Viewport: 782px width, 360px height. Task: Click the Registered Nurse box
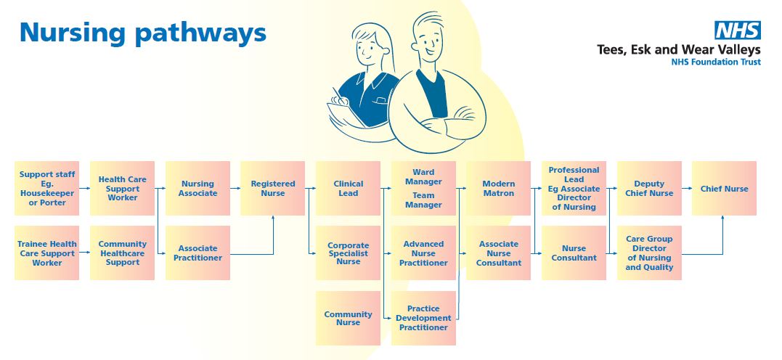pyautogui.click(x=273, y=189)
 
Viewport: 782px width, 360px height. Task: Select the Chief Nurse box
pyautogui.click(x=724, y=189)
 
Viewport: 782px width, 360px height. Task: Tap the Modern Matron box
pyautogui.click(x=498, y=189)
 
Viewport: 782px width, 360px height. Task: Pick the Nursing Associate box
pyautogui.click(x=197, y=189)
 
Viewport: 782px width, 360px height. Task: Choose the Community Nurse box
pyautogui.click(x=348, y=318)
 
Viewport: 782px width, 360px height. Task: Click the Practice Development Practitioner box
pyautogui.click(x=424, y=318)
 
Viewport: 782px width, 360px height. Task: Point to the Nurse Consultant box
pyautogui.click(x=574, y=253)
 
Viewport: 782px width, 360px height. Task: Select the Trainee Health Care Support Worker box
pyautogui.click(x=47, y=253)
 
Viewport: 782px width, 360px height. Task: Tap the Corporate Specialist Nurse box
pyautogui.click(x=348, y=253)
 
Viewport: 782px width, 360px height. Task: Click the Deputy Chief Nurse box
pyautogui.click(x=649, y=189)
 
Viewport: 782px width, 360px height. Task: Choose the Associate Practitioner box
pyautogui.click(x=197, y=253)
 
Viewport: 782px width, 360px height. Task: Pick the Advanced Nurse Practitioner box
pyautogui.click(x=424, y=253)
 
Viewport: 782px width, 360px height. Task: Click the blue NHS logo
pyautogui.click(x=738, y=30)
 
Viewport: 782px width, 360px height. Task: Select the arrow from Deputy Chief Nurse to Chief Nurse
pyautogui.click(x=686, y=189)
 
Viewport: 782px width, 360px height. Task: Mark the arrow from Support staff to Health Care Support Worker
pyautogui.click(x=84, y=189)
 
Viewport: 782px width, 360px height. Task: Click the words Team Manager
pyautogui.click(x=423, y=200)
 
